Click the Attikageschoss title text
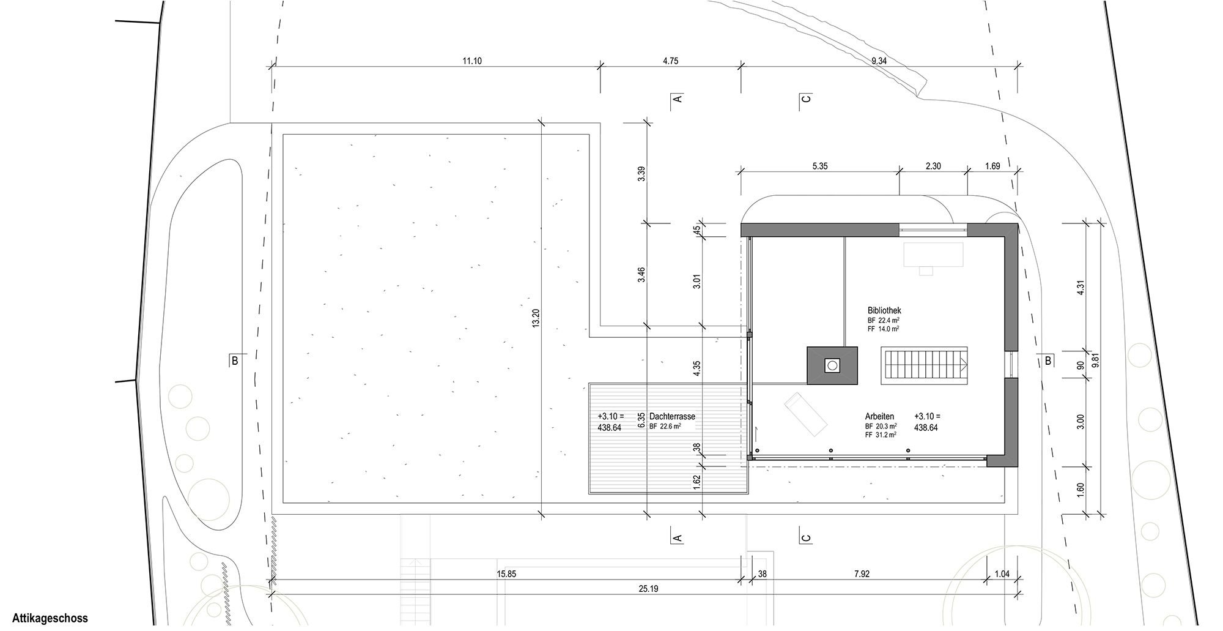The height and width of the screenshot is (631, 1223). [x=51, y=619]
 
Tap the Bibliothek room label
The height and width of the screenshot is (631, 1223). [x=884, y=311]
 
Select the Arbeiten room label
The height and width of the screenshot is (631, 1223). [x=879, y=417]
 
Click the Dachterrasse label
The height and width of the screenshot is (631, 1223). [x=673, y=417]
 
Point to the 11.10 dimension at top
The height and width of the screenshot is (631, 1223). [x=472, y=61]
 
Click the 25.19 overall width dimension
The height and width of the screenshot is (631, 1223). [x=648, y=589]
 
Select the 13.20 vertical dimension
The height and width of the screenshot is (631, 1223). [x=536, y=318]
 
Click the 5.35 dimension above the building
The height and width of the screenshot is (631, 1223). [x=819, y=166]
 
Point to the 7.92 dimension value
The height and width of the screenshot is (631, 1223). [x=862, y=574]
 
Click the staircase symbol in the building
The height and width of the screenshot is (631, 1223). [x=925, y=366]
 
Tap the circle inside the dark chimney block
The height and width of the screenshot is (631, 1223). [x=832, y=366]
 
